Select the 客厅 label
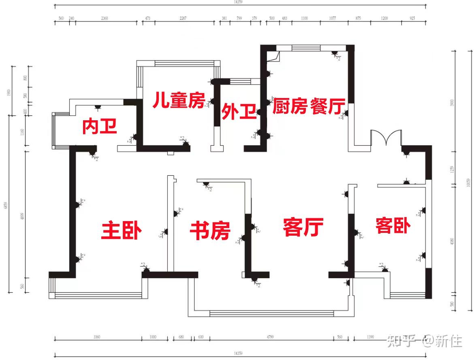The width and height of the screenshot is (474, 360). [x=303, y=227]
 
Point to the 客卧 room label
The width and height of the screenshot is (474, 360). [x=393, y=226]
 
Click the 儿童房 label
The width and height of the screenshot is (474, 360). [x=179, y=100]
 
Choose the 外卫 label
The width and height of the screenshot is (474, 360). [x=239, y=112]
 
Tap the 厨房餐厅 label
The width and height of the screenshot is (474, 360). [x=309, y=107]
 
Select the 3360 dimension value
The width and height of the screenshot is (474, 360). [x=96, y=337]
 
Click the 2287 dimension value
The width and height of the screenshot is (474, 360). [x=183, y=18]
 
